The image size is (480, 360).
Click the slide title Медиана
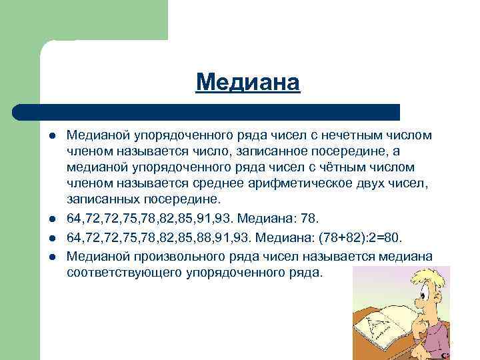click(x=248, y=83)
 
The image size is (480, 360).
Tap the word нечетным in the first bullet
click(x=347, y=135)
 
